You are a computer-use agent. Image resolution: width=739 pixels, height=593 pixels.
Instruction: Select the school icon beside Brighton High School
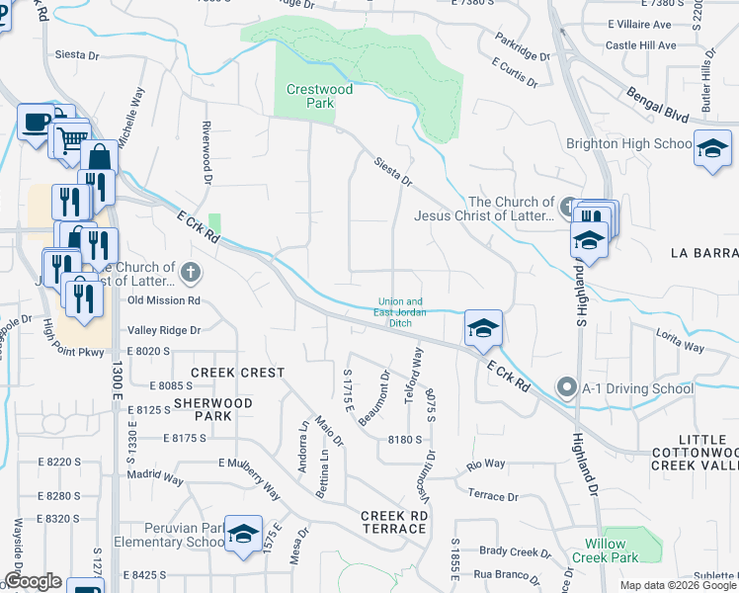(x=712, y=149)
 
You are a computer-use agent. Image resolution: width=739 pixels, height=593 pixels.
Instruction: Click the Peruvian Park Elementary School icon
(x=243, y=535)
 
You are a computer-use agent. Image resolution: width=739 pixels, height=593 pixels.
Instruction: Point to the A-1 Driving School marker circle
(x=567, y=387)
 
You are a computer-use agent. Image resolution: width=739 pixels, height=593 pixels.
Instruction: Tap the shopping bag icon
(x=100, y=158)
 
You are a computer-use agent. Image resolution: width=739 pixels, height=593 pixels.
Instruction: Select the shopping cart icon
(x=70, y=139)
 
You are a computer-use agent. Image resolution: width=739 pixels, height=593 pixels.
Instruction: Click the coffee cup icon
(x=37, y=123)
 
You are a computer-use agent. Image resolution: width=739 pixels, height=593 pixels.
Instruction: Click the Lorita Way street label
(x=681, y=341)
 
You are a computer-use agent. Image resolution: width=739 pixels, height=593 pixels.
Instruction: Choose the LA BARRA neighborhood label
(x=703, y=253)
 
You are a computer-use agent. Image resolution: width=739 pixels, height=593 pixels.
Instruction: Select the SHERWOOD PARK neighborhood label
(x=212, y=409)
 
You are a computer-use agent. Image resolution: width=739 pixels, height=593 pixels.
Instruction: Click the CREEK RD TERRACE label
(x=393, y=522)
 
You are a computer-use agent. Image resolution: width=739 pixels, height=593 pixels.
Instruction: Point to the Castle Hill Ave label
(x=640, y=45)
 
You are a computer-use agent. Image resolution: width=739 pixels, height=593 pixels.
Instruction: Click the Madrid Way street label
(x=155, y=479)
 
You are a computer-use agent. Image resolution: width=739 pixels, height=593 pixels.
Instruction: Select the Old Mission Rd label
(x=164, y=299)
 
